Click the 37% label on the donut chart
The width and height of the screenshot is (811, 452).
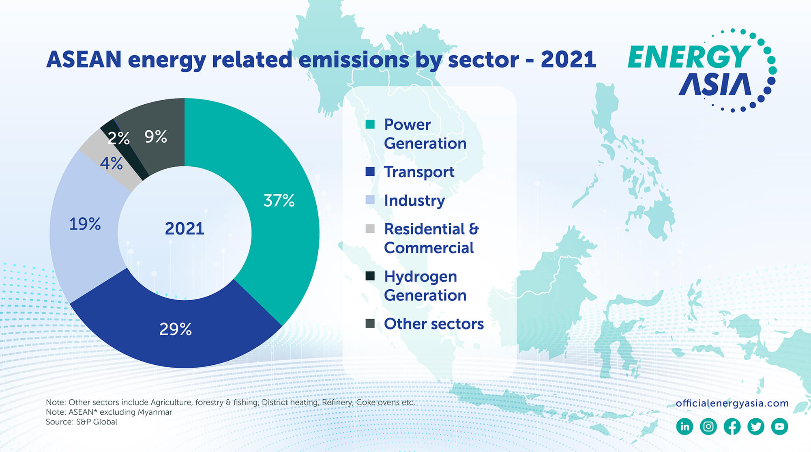(x=279, y=200)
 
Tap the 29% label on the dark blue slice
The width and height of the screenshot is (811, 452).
(x=175, y=329)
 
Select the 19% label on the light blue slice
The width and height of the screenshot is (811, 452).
(x=85, y=224)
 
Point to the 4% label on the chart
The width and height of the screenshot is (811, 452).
(x=111, y=164)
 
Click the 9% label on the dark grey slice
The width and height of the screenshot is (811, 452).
(x=156, y=137)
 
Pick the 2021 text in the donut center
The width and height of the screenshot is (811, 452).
(x=185, y=228)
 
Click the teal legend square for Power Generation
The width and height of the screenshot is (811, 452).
(x=370, y=124)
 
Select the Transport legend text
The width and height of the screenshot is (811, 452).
(x=419, y=172)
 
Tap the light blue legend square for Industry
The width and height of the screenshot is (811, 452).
(x=370, y=200)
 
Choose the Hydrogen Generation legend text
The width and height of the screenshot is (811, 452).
(x=425, y=286)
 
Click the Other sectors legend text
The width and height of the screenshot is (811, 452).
(x=433, y=324)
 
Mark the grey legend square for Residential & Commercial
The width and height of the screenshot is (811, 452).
(x=370, y=229)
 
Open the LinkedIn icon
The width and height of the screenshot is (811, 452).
(x=685, y=426)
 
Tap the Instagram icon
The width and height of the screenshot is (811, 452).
(x=708, y=426)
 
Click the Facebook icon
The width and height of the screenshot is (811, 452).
(x=732, y=426)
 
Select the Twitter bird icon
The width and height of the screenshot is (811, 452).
(x=756, y=426)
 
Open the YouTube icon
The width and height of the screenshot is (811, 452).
(x=779, y=426)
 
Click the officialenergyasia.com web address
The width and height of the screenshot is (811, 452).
(x=732, y=403)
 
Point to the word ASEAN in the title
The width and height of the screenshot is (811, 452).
(x=84, y=60)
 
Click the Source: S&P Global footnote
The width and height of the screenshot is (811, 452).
(x=82, y=422)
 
